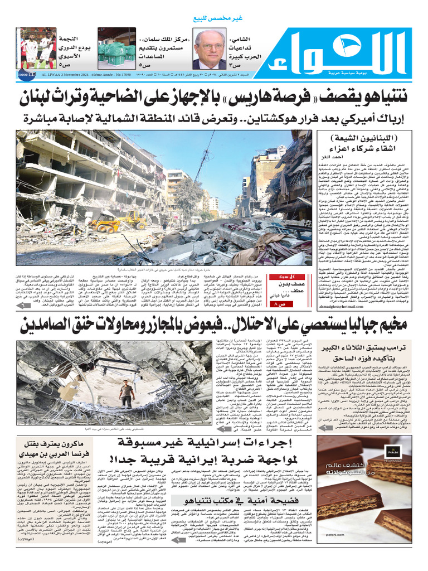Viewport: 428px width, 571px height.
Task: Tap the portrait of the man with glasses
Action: point(209,49)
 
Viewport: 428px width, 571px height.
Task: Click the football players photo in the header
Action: point(37,49)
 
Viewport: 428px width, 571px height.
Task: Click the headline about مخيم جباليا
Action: point(214,325)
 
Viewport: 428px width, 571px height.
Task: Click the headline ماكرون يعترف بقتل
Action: point(53,450)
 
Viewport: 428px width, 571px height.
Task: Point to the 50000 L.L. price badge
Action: point(26,73)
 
